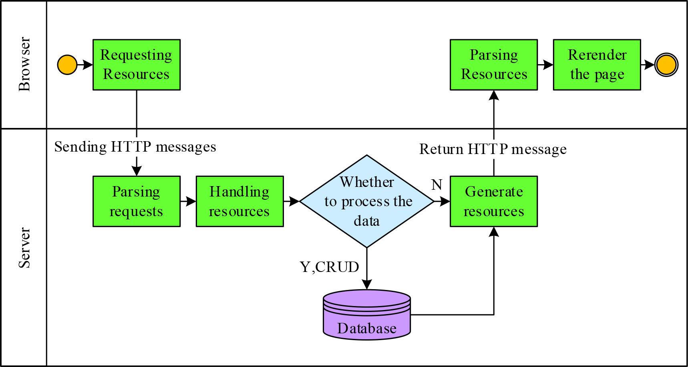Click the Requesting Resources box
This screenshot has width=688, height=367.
[x=136, y=65]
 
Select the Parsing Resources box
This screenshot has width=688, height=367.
[x=493, y=65]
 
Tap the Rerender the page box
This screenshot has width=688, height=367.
[x=597, y=65]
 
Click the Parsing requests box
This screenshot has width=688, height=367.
[x=136, y=201]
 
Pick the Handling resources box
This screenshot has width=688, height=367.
[x=239, y=201]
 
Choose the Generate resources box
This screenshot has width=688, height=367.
[x=493, y=201]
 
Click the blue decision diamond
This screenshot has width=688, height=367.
[x=366, y=201]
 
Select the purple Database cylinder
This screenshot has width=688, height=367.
[x=366, y=315]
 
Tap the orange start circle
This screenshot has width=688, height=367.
[x=67, y=65]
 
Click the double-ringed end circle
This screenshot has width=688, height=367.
[x=666, y=65]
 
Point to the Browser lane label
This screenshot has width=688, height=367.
[x=24, y=64]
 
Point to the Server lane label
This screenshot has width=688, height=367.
[x=24, y=247]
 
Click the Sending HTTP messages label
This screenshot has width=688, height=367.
[x=135, y=147]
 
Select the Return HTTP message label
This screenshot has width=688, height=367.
[x=493, y=149]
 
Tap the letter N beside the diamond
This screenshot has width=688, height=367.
[x=437, y=185]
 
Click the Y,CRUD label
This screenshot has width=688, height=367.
[x=329, y=267]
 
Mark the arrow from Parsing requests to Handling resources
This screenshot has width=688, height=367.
[x=188, y=201]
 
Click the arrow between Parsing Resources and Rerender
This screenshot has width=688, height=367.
[x=545, y=65]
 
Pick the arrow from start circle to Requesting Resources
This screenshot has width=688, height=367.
[x=84, y=65]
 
